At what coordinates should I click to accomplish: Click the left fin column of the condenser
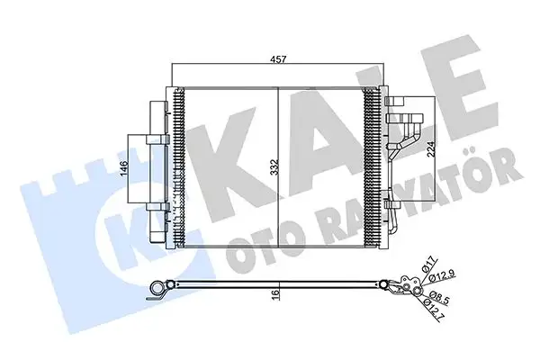point(176,166)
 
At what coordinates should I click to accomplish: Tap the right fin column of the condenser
point(372,166)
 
